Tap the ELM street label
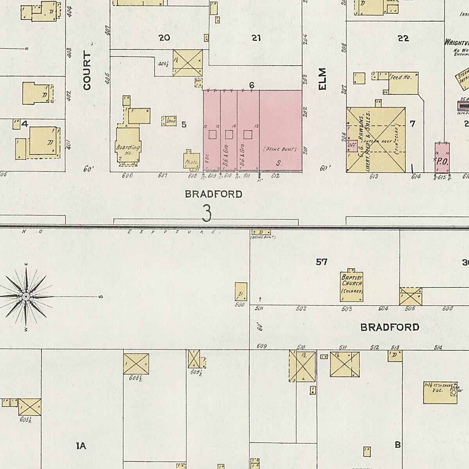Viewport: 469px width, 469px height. click(x=322, y=79)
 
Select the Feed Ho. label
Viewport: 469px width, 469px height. click(x=401, y=77)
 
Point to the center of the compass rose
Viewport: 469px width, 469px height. click(x=26, y=297)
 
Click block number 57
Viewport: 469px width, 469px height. click(x=321, y=262)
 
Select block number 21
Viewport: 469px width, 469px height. click(x=256, y=38)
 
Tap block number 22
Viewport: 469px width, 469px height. click(x=403, y=38)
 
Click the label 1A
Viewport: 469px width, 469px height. click(x=81, y=446)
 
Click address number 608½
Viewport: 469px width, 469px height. click(x=135, y=378)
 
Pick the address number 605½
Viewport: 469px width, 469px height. click(x=25, y=420)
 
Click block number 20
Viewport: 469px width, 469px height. click(x=164, y=38)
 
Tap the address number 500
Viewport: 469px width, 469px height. click(x=240, y=304)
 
